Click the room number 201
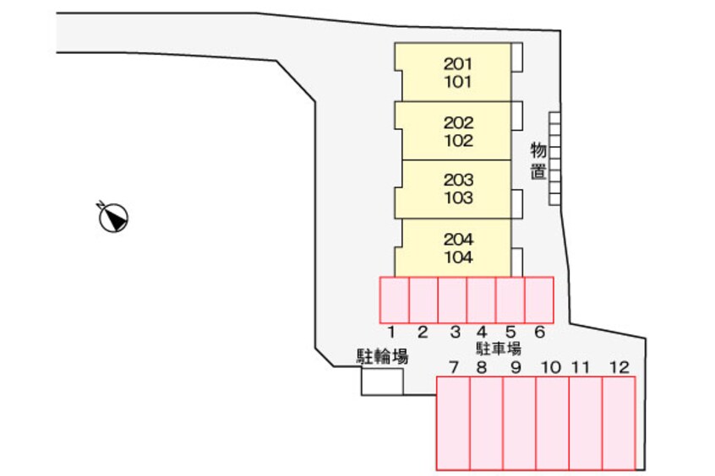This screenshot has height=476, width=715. [458, 63]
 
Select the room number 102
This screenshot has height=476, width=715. [458, 141]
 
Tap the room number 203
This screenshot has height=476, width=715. [458, 180]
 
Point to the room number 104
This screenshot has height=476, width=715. [458, 257]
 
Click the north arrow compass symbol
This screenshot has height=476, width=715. [112, 219]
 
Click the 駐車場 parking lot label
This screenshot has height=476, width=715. [498, 348]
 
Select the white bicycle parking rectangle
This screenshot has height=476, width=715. [382, 381]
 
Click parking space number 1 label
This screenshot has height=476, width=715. [393, 333]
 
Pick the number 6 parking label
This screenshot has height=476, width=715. [539, 333]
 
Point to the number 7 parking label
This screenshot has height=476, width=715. [454, 367]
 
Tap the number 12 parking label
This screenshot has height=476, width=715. [619, 367]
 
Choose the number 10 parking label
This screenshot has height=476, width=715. [550, 367]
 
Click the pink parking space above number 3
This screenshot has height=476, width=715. [452, 300]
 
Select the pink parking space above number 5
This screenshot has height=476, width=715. [510, 300]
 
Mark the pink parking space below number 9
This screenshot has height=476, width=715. [519, 423]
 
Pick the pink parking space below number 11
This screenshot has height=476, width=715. [585, 423]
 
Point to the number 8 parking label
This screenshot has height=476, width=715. [482, 367]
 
